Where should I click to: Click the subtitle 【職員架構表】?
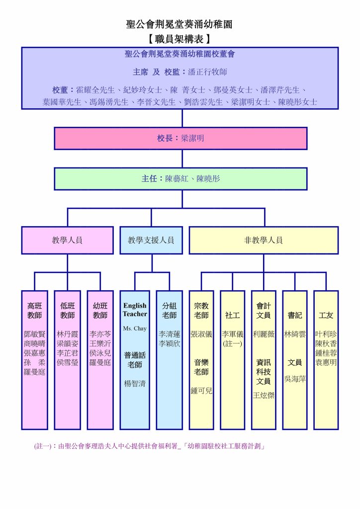pyautogui.click(x=180, y=38)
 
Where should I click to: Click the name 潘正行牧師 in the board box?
pyautogui.click(x=207, y=72)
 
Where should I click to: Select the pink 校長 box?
pyautogui.click(x=180, y=138)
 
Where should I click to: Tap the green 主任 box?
pyautogui.click(x=180, y=178)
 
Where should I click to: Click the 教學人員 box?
pyautogui.click(x=67, y=240)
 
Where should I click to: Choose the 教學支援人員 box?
pyautogui.click(x=151, y=240)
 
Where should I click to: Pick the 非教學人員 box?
pyautogui.click(x=263, y=240)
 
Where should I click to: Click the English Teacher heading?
pyautogui.click(x=135, y=310)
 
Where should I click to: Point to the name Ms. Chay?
pyautogui.click(x=134, y=329)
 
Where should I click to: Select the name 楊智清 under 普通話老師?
pyautogui.click(x=135, y=384)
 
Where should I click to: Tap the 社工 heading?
pyautogui.click(x=232, y=315)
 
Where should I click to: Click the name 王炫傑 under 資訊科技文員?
pyautogui.click(x=264, y=395)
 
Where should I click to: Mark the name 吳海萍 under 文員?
pyautogui.click(x=295, y=379)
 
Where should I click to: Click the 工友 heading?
pyautogui.click(x=326, y=315)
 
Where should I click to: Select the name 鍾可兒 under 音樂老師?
pyautogui.click(x=201, y=391)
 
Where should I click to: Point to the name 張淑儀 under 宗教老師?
pyautogui.click(x=201, y=335)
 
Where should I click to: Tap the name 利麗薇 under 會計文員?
pyautogui.click(x=264, y=335)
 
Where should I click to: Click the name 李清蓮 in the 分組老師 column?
pyautogui.click(x=170, y=335)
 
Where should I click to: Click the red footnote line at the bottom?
pyautogui.click(x=149, y=446)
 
